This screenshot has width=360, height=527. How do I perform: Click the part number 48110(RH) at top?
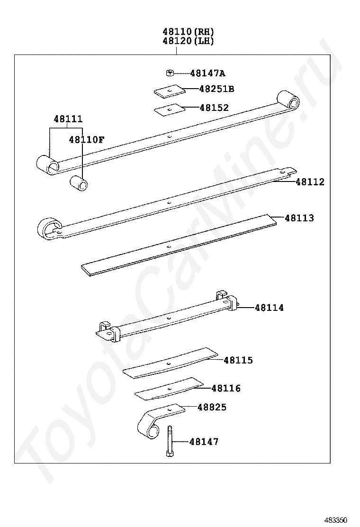188,32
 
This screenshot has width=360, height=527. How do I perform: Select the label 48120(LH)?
188,41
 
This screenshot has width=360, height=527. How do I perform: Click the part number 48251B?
216,89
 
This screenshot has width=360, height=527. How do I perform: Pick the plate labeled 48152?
170,110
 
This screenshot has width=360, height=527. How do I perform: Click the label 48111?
68,119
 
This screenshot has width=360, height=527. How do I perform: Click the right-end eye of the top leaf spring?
288,100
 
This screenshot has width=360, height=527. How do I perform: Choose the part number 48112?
310,182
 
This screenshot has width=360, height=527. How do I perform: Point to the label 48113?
299,218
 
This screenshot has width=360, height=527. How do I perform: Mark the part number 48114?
270,308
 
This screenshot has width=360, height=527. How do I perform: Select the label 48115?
238,360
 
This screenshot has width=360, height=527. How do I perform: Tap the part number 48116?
226,388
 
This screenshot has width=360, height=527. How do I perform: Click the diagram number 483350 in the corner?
336,519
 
